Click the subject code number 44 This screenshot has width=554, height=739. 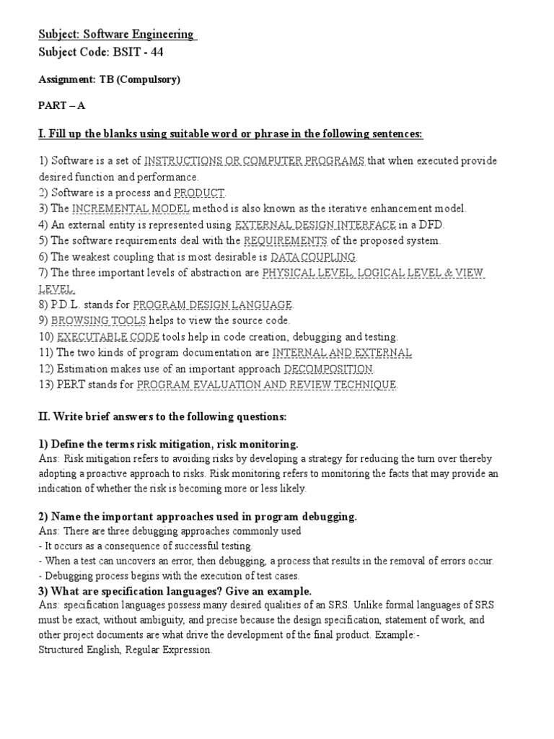(167, 52)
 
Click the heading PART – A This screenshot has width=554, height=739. (61, 105)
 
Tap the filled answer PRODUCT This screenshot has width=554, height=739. (199, 193)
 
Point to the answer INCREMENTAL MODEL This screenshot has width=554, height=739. (131, 209)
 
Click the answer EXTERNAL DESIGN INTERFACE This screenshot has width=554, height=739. (316, 224)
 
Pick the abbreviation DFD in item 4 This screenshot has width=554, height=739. (431, 224)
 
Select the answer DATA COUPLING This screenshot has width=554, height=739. (313, 257)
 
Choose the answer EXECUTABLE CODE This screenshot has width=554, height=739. (108, 337)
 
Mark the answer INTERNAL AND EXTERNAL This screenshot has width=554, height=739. (342, 353)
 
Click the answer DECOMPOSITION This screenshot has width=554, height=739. (328, 369)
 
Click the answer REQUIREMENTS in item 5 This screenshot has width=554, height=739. (286, 240)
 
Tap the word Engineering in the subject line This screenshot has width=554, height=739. (159, 34)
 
